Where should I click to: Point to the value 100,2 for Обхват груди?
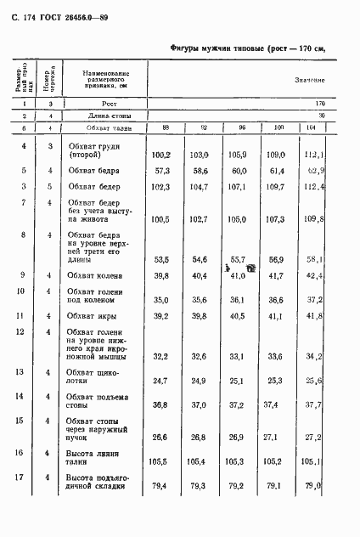161,155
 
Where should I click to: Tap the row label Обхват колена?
96,276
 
